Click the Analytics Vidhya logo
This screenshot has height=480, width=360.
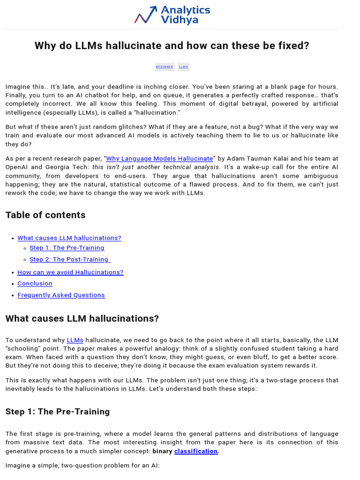172,15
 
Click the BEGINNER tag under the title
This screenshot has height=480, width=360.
165,67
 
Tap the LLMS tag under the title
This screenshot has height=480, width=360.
183,67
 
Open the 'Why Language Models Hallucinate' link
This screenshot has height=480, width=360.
159,158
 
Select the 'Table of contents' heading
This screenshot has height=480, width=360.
45,215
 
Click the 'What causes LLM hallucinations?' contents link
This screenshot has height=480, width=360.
69,238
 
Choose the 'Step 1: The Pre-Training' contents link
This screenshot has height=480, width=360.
67,247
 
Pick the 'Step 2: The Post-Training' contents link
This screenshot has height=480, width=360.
69,259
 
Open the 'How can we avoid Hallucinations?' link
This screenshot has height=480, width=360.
70,272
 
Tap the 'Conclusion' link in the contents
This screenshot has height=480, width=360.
35,283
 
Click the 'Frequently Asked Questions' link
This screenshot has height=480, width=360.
61,295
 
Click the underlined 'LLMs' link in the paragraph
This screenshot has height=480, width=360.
75,340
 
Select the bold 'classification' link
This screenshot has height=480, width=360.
196,451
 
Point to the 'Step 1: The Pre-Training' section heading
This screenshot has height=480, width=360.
58,412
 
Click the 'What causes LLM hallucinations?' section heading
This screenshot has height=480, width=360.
82,319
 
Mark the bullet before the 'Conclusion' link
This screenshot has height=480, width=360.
12,284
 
